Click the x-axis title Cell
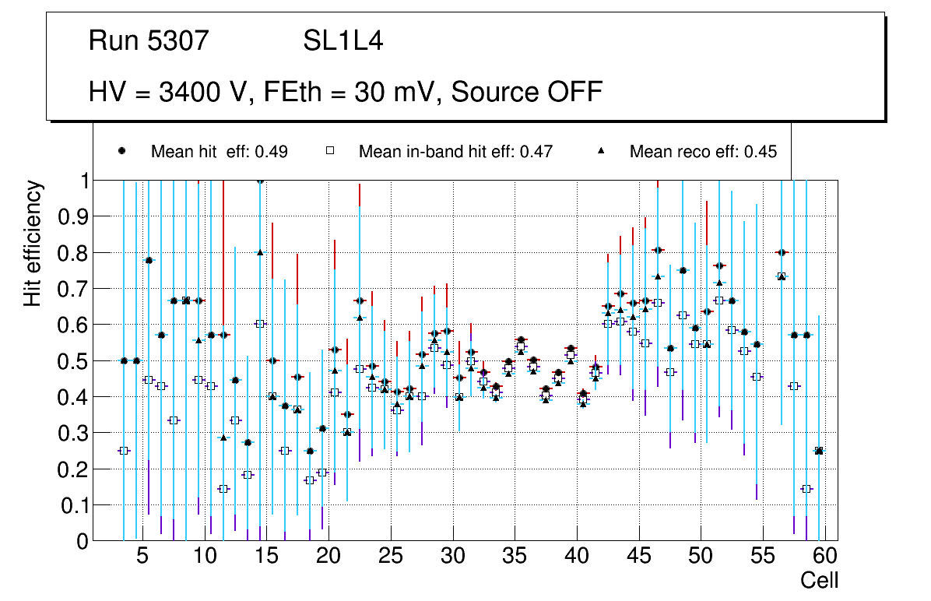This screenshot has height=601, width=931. pyautogui.click(x=820, y=580)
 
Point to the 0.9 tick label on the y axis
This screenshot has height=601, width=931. pyautogui.click(x=75, y=216)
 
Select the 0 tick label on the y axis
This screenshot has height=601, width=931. pyautogui.click(x=83, y=541)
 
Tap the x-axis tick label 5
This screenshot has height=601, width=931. pyautogui.click(x=142, y=557)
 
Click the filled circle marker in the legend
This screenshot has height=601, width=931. pyautogui.click(x=122, y=152)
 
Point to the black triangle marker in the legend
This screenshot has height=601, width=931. pyautogui.click(x=602, y=152)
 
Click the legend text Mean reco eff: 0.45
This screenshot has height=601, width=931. pyautogui.click(x=703, y=152)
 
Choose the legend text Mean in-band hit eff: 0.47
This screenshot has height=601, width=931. pyautogui.click(x=455, y=152)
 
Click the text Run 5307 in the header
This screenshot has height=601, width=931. pyautogui.click(x=149, y=40)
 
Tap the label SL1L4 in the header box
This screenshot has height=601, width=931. pyautogui.click(x=343, y=40)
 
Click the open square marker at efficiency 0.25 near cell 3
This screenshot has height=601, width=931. pyautogui.click(x=123, y=451)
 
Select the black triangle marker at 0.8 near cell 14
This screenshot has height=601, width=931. pyautogui.click(x=260, y=251)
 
